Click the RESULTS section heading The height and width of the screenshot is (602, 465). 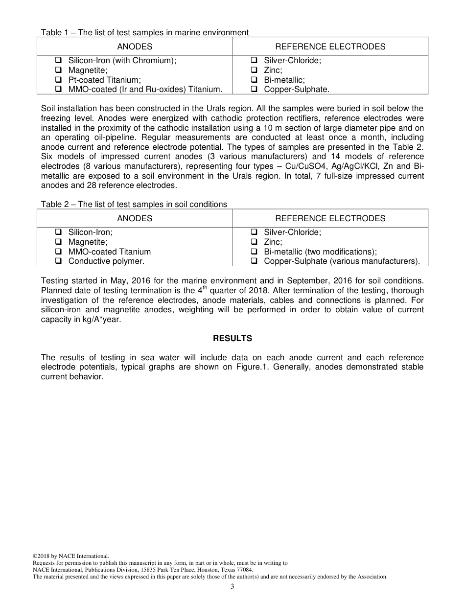tap(232, 338)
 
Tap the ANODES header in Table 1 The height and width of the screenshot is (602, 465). tap(135, 46)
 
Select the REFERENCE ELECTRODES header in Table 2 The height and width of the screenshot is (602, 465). tap(330, 218)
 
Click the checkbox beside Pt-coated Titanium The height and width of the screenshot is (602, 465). tap(58, 80)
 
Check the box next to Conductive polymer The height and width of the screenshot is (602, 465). tap(58, 261)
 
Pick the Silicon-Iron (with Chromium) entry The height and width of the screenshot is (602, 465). tap(122, 60)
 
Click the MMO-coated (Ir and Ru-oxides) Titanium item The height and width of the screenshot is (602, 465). tap(145, 89)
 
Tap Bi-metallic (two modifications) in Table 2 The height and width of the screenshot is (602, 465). tap(320, 252)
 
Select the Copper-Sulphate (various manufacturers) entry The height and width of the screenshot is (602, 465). tap(342, 261)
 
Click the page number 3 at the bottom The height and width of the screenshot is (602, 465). tap(232, 587)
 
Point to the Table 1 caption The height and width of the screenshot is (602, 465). tap(145, 33)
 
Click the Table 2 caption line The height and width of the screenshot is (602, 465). tap(134, 204)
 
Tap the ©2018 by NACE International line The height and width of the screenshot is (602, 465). tap(70, 556)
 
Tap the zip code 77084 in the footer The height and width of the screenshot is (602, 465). tap(244, 570)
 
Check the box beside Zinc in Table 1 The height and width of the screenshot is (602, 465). tap(254, 70)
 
